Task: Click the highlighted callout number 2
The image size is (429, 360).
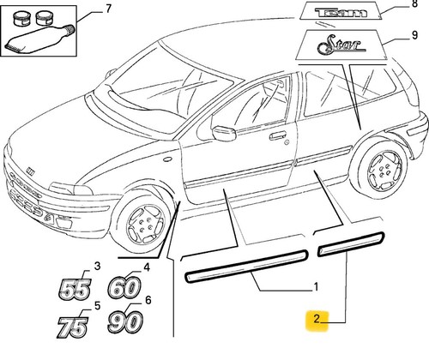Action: pos(317,319)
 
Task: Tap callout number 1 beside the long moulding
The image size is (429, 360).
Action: pos(316,286)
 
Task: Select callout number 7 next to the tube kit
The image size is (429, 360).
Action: pos(108,9)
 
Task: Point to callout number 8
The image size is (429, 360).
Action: pos(414,4)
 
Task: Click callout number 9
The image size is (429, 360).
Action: pos(414,35)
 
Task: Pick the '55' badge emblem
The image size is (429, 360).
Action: pos(75,289)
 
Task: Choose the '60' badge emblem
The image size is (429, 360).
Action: pos(124,286)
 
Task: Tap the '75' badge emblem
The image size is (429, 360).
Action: pos(72,327)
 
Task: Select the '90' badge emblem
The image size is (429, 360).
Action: pos(125,322)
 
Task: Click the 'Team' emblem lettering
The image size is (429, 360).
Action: pos(341,13)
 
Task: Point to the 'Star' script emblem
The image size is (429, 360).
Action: pos(341,45)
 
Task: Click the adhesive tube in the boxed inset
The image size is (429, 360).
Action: pos(40,39)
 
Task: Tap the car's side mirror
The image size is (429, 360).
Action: pos(224,133)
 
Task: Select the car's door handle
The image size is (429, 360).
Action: pos(278,135)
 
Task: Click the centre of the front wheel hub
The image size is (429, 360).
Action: pos(145,225)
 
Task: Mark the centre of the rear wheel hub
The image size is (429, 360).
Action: pos(384,171)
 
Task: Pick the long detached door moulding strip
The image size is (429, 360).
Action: pos(246,266)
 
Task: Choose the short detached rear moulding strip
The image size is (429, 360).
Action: pos(351,244)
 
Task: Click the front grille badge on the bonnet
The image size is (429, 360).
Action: pos(30,171)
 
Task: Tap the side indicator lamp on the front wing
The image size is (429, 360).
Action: pos(167,159)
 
